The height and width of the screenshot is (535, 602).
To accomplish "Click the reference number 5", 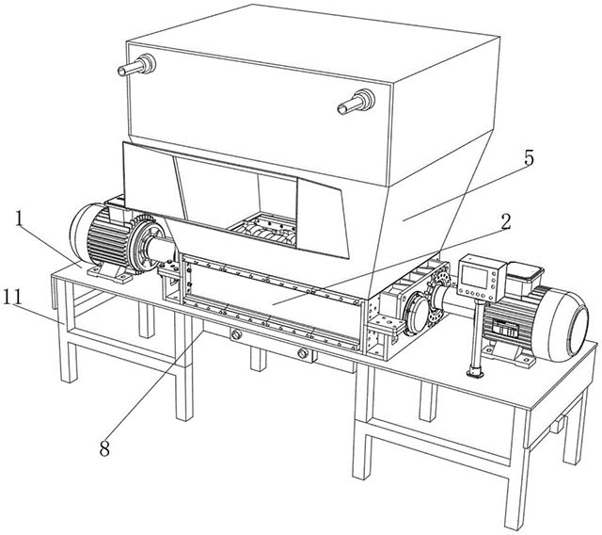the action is [529, 158].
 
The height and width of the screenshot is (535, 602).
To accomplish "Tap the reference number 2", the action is [506, 222].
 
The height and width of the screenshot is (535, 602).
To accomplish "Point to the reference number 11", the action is [12, 297].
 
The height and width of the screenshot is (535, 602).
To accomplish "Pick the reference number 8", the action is [104, 447].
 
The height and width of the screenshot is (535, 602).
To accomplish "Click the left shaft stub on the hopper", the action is [136, 66].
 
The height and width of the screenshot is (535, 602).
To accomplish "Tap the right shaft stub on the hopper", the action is [356, 102].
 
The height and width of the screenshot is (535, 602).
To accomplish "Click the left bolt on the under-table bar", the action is [236, 334].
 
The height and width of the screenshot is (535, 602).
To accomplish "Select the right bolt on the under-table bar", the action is [303, 353].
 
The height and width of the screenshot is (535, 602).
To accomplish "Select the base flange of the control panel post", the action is [475, 372].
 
